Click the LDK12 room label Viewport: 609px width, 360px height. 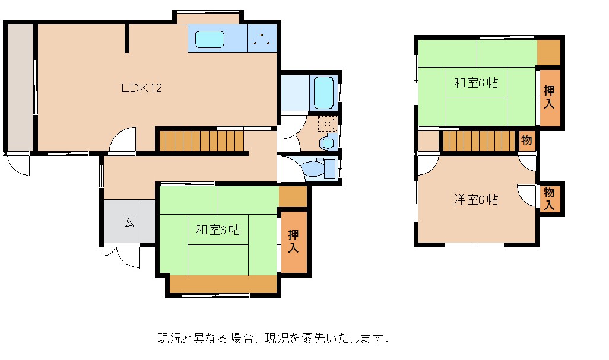pos(142,88)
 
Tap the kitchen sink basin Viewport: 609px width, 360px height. pos(210,39)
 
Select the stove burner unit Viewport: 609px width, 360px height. pos(262,39)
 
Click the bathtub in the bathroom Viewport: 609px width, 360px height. pos(323,93)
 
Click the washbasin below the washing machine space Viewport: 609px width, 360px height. pos(328,143)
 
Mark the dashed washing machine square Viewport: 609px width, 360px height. pos(328,124)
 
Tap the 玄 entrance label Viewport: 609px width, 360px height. pos(129,222)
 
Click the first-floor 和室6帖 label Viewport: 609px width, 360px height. pos(218,230)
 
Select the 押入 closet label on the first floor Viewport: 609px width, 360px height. pos(294,241)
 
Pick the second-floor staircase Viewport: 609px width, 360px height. pos(479,141)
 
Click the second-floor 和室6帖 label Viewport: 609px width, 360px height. pos(476,83)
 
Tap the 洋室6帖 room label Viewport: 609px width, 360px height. pos(476,200)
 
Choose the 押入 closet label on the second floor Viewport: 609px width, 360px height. pos(549,97)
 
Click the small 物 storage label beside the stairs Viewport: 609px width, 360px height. pos(526,140)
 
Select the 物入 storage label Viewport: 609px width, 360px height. pos(549,198)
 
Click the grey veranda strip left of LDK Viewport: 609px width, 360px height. pos(20,87)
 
